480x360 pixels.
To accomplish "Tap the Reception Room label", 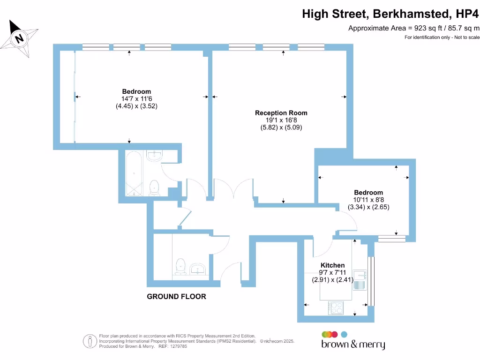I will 281,113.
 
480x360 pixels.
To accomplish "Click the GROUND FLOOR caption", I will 176,297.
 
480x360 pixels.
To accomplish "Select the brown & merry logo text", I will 353,345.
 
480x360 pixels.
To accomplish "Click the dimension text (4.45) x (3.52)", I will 136,106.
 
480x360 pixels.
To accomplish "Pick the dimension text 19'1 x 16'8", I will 281,120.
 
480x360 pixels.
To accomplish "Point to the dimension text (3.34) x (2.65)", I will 368,207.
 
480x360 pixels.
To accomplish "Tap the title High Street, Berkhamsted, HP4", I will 390,14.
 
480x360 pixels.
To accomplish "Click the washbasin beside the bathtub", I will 154,156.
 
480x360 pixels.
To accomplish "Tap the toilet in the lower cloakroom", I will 180,267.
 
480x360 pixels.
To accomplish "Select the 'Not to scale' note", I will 442,37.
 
